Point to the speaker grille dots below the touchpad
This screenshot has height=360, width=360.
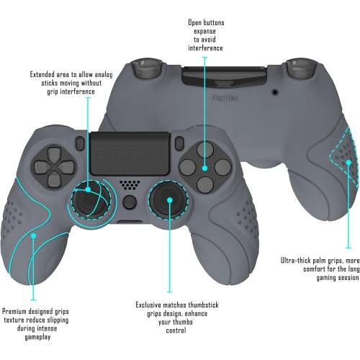click(129, 185)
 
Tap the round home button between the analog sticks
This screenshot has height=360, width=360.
click(129, 202)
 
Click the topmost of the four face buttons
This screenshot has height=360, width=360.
click(204, 153)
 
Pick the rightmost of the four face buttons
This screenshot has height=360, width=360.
click(222, 170)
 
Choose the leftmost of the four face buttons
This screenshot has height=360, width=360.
click(186, 171)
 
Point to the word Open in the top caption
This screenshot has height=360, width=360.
click(197, 23)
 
